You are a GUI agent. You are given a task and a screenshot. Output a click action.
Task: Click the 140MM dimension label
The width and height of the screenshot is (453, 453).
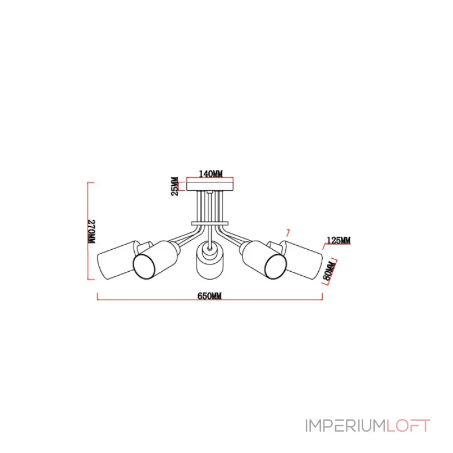211,174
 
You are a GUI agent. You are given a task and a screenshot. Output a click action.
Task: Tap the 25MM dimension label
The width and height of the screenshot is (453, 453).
175,186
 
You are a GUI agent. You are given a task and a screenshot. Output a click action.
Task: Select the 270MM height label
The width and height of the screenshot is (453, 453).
92,232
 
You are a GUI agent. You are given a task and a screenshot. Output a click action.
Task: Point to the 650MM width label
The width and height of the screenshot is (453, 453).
210,296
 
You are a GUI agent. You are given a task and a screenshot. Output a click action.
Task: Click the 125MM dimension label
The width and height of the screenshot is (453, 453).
338,240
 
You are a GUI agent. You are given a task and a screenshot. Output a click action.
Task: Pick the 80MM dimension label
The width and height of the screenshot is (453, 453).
330,271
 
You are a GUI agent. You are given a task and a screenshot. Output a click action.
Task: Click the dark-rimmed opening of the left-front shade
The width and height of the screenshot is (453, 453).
144,266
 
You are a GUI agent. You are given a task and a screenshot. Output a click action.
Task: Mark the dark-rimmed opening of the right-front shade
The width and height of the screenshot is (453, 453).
276,267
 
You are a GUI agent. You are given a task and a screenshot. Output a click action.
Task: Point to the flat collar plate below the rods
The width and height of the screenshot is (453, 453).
210,224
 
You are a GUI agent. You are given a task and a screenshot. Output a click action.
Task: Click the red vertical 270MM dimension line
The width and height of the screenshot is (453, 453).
88,231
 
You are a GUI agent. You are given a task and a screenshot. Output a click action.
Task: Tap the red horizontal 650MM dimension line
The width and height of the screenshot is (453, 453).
210,300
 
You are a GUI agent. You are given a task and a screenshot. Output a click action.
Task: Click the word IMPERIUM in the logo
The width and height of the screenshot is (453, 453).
345,426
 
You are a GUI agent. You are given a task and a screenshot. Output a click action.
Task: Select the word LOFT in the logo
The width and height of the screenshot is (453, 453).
408,426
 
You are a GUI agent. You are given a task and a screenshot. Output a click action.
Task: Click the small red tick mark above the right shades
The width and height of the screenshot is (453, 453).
287,233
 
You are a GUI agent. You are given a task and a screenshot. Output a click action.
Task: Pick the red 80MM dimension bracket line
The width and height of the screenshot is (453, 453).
332,271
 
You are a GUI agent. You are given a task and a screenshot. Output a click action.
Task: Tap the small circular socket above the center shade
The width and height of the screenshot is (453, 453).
210,248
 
